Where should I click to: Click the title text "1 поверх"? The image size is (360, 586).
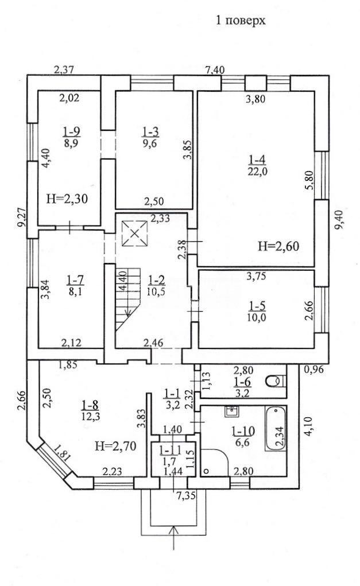click(241, 20)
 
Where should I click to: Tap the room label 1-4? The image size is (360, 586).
click(257, 160)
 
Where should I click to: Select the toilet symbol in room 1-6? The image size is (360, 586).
click(276, 381)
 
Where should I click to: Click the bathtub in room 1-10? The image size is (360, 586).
click(276, 429)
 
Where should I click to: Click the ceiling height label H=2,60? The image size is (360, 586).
click(278, 246)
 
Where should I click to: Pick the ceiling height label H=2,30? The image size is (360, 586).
click(67, 199)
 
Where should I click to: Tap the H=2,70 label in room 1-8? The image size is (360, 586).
click(115, 445)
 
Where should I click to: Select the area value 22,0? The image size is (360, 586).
click(258, 171)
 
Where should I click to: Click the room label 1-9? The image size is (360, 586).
click(72, 131)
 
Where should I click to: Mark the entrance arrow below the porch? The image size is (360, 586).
click(174, 538)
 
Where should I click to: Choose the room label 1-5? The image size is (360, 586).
click(257, 306)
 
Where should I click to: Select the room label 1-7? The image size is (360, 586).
click(75, 279)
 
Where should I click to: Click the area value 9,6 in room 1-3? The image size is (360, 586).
click(150, 142)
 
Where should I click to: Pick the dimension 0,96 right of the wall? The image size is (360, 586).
click(313, 370)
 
